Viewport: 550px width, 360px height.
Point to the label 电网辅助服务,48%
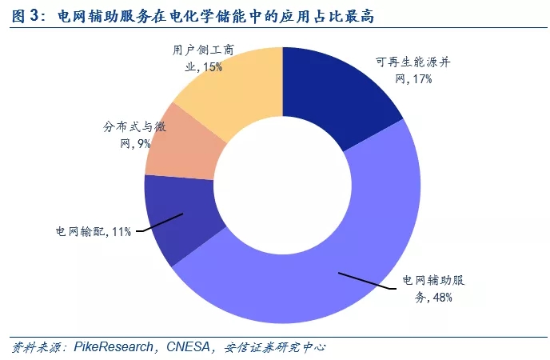coord(432,290)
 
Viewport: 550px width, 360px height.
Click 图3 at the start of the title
coord(26,15)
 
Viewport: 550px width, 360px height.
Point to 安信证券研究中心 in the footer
coord(276,347)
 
